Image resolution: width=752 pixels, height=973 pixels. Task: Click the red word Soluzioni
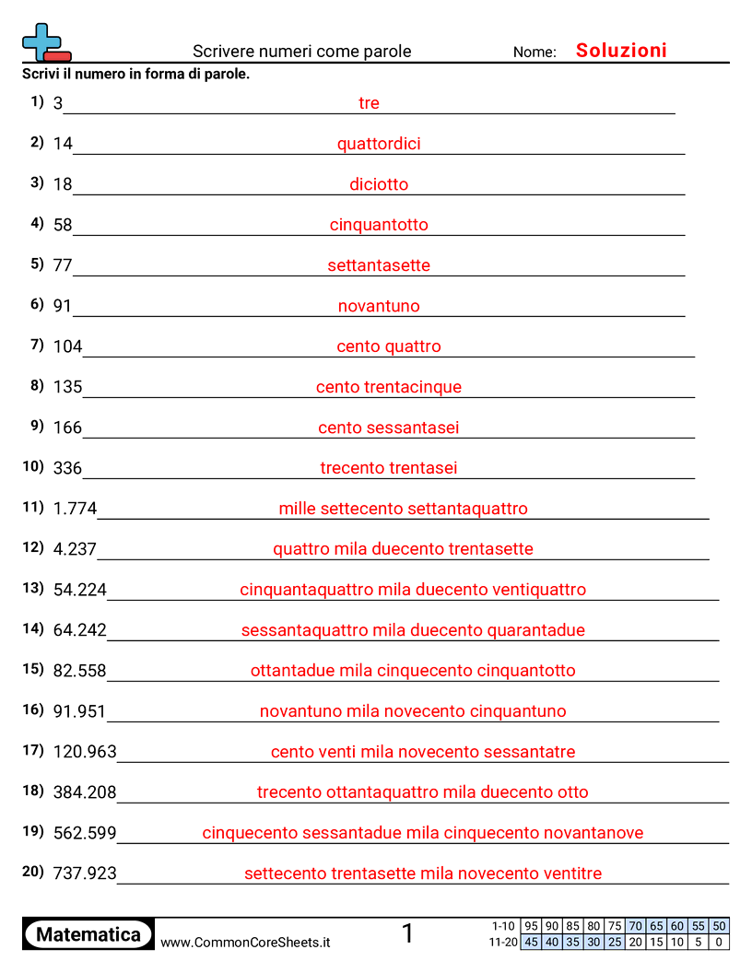click(621, 51)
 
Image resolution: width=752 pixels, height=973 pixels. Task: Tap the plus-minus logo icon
click(45, 43)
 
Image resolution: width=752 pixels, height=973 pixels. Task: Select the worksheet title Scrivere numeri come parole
click(302, 52)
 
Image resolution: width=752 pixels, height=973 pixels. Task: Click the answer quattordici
click(379, 144)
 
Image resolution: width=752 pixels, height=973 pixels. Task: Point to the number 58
click(63, 225)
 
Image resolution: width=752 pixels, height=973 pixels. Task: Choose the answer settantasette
click(379, 265)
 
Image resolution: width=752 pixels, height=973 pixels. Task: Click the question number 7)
click(37, 345)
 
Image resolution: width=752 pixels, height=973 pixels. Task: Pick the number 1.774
click(75, 509)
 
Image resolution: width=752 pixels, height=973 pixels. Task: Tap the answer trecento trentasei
click(388, 468)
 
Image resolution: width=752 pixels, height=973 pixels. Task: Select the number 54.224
click(80, 590)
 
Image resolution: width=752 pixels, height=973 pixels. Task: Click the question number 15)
click(33, 669)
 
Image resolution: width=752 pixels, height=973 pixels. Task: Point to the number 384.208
click(85, 792)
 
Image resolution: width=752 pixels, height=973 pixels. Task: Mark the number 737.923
click(85, 873)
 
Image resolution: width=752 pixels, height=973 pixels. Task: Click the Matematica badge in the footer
click(88, 934)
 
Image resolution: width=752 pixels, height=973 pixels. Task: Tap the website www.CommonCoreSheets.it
click(245, 943)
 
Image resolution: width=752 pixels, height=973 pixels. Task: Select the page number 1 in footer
click(408, 934)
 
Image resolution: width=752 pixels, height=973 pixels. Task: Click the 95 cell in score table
click(531, 926)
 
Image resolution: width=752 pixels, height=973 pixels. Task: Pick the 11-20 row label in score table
click(504, 943)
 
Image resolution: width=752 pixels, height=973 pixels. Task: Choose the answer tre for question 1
click(369, 103)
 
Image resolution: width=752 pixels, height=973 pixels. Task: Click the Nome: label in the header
click(535, 53)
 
